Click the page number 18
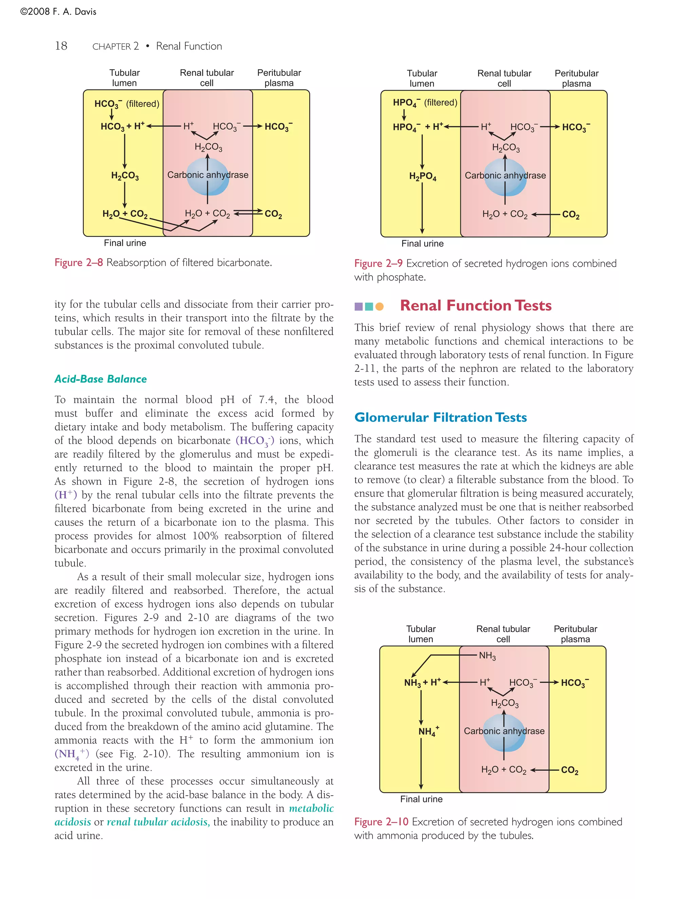click(x=61, y=46)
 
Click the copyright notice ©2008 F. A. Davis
click(x=58, y=12)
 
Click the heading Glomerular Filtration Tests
click(x=440, y=417)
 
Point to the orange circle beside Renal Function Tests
click(x=380, y=306)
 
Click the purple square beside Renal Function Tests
click(x=359, y=306)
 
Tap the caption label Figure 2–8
click(x=79, y=263)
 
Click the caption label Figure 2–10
click(x=381, y=822)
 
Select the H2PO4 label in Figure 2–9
click(x=422, y=177)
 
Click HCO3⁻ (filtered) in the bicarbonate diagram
click(x=126, y=104)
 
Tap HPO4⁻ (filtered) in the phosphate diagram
click(x=425, y=102)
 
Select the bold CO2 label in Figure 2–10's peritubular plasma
click(x=569, y=770)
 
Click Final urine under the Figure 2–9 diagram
click(x=422, y=243)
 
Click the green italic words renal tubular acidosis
click(x=158, y=822)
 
